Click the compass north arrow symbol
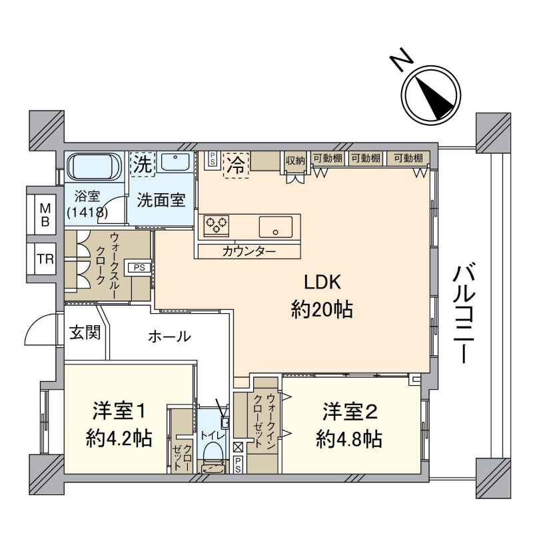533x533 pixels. tap(431, 95)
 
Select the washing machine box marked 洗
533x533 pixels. tap(143, 164)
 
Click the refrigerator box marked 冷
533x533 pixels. tap(236, 165)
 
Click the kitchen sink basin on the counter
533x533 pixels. tap(276, 227)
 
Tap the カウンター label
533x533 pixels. tap(249, 252)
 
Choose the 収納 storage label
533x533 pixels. tap(295, 160)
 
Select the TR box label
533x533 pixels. tap(45, 259)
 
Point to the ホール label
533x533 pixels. tap(170, 336)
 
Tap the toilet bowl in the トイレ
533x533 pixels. tap(213, 452)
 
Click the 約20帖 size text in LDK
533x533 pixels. tap(322, 309)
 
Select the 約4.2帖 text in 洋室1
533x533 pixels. tap(119, 438)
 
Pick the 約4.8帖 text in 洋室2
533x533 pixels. tap(348, 439)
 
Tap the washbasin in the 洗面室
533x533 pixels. tap(175, 162)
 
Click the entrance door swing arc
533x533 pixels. tap(39, 328)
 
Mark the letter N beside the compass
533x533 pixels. tap(401, 60)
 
